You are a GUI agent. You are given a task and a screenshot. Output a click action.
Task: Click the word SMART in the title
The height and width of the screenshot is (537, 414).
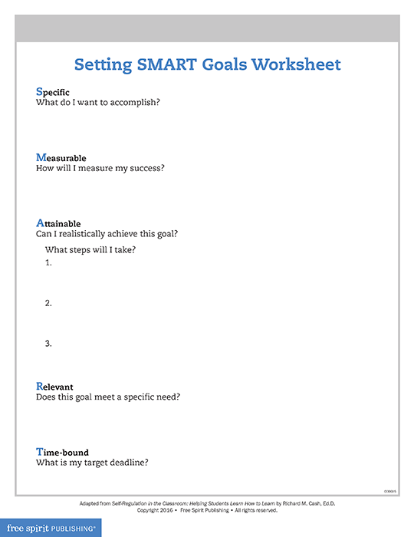170,64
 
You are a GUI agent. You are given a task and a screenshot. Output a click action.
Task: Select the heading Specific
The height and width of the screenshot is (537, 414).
53,92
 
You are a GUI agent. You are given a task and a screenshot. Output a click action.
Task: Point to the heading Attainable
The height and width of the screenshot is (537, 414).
58,223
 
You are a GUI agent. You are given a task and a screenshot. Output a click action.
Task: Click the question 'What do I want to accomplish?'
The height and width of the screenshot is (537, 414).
98,103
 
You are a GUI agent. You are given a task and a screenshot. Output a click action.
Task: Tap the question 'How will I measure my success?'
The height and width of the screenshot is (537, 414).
100,168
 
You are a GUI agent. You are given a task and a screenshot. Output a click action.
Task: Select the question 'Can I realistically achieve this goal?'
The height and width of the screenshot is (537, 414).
113,234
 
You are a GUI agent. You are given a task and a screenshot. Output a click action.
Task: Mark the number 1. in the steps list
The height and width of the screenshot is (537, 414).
48,263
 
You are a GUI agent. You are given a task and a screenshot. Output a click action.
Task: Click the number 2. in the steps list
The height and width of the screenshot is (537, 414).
48,303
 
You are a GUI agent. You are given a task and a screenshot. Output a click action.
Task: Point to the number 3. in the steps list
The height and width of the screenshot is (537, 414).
48,343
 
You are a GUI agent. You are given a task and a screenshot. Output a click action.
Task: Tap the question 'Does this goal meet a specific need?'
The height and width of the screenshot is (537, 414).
113,397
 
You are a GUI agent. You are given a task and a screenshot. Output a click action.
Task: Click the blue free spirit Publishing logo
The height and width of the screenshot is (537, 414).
51,528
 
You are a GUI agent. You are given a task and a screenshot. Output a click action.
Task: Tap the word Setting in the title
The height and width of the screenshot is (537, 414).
102,64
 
